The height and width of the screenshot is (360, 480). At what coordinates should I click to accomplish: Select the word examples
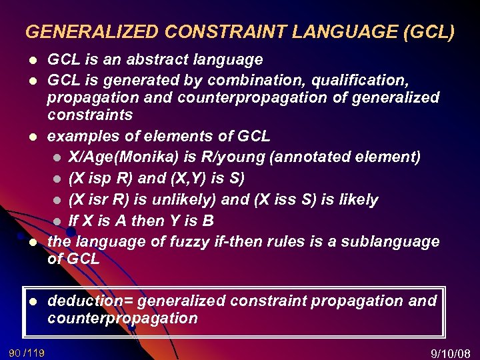pos(76,137)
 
